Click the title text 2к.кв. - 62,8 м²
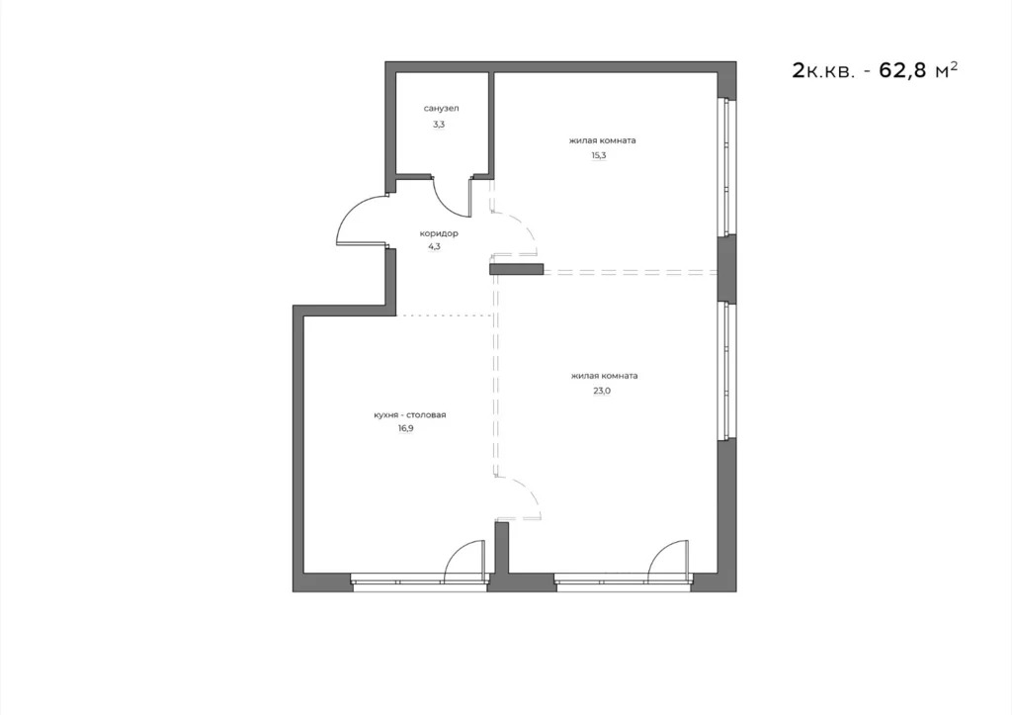coord(875,70)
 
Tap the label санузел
coord(442,108)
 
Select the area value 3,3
coord(439,125)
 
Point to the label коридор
coord(439,233)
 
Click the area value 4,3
coord(435,248)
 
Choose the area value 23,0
coord(603,391)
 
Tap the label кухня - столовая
coord(410,415)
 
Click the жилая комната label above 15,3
coord(602,140)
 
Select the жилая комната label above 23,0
coord(604,376)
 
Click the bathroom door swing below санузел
coord(451,198)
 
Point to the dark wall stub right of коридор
coord(517,268)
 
